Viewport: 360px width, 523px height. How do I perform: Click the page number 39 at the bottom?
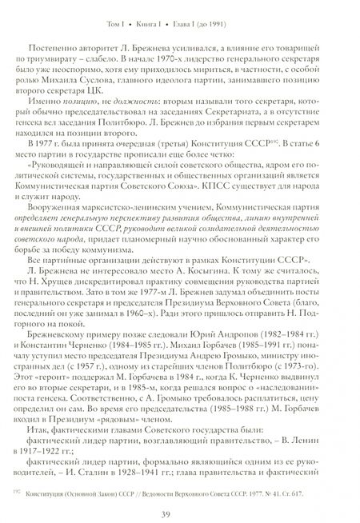[180, 501]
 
